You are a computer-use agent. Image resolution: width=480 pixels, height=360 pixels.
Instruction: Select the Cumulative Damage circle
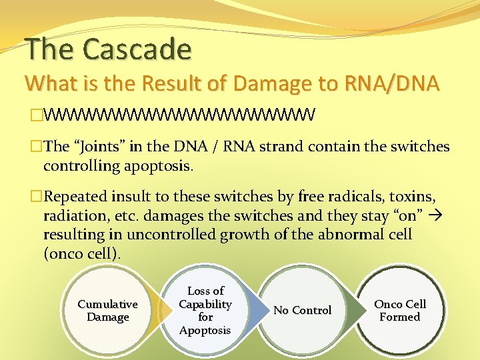point(107,311)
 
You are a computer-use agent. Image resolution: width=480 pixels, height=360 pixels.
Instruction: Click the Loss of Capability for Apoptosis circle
point(205,311)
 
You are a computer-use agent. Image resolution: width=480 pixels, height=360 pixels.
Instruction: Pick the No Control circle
point(303,311)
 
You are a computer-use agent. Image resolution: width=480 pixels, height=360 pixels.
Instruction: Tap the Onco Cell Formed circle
point(400,311)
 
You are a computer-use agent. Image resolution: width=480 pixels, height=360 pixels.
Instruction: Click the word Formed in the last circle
point(400,317)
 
